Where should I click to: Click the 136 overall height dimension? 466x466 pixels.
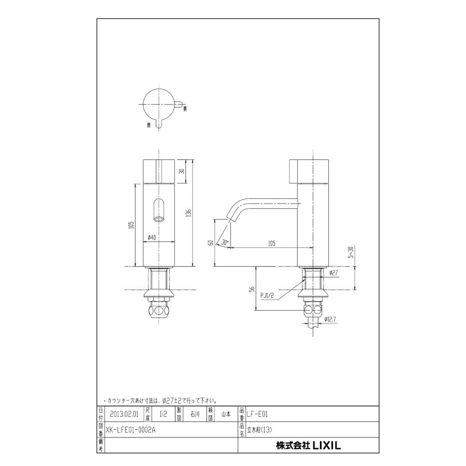pyautogui.click(x=189, y=213)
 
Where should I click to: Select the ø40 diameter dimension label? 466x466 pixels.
pyautogui.click(x=152, y=238)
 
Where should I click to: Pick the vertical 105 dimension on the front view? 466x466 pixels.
pyautogui.click(x=132, y=225)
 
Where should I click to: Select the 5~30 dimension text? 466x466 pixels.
pyautogui.click(x=351, y=252)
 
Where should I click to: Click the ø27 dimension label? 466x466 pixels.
pyautogui.click(x=333, y=272)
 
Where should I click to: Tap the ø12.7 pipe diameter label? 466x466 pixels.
pyautogui.click(x=331, y=319)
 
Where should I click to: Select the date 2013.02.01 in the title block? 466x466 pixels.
pyautogui.click(x=124, y=414)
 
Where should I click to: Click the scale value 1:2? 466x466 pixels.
pyautogui.click(x=163, y=414)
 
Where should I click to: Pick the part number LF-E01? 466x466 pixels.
pyautogui.click(x=257, y=414)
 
